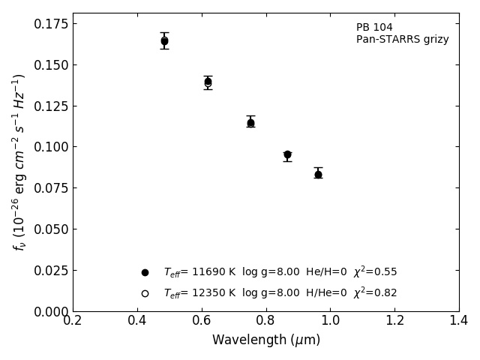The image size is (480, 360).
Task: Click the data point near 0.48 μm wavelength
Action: (x=164, y=41)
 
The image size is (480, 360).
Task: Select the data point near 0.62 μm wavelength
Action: (x=208, y=82)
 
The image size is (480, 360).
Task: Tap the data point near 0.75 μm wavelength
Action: (x=250, y=123)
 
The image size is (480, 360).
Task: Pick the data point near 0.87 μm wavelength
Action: (x=287, y=154)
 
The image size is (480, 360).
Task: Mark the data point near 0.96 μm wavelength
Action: (x=318, y=174)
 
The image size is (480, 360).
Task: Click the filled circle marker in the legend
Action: (x=145, y=272)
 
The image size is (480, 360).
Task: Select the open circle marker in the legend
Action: (x=145, y=293)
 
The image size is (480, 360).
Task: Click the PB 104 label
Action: (x=374, y=28)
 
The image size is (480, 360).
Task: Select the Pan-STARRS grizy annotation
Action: (x=402, y=40)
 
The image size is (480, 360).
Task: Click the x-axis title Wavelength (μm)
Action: (x=265, y=340)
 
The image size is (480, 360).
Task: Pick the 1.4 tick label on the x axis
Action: (x=458, y=321)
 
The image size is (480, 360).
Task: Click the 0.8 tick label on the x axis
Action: (x=265, y=321)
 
